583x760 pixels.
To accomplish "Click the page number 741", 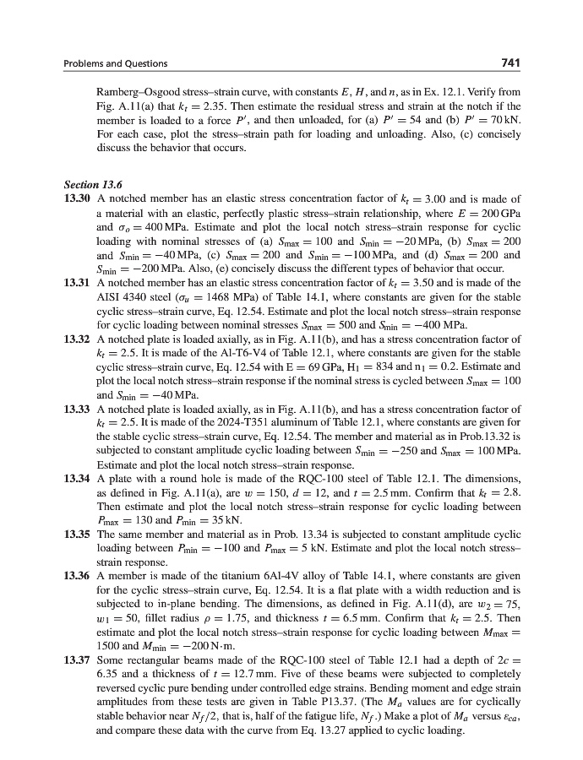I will pos(509,63).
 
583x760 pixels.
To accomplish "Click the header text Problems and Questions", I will pos(116,63).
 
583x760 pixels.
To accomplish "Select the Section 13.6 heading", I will pos(93,184).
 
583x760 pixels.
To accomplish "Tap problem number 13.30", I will pos(78,198).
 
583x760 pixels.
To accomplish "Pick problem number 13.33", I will pos(78,409).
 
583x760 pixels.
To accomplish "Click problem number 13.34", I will pos(78,479).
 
